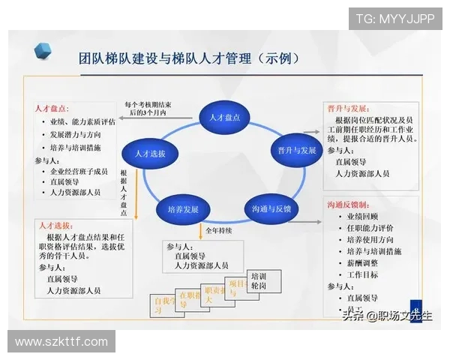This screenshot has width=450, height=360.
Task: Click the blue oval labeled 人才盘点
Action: click(x=224, y=116)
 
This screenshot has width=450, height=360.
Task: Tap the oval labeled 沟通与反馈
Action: click(x=266, y=208)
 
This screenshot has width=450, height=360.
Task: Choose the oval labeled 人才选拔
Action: click(x=150, y=153)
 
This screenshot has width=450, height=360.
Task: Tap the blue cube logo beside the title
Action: click(x=43, y=51)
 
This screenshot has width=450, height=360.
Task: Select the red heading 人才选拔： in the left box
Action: click(x=55, y=225)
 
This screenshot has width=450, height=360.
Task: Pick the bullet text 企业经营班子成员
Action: click(x=79, y=171)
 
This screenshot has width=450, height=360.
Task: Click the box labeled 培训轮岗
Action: click(x=259, y=280)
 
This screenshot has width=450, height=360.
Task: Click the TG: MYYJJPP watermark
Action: click(x=394, y=19)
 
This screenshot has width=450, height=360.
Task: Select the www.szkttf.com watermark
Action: click(x=61, y=342)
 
